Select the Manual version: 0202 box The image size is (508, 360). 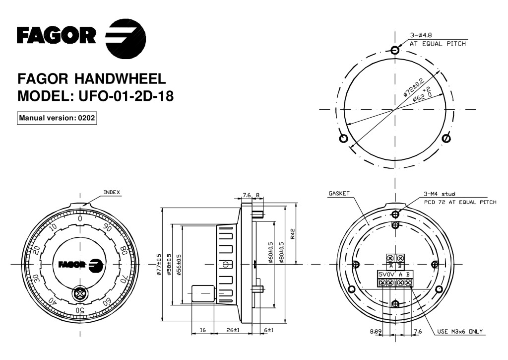(x=57, y=119)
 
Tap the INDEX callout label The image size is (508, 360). (x=111, y=192)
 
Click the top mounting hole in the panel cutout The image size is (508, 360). (x=395, y=50)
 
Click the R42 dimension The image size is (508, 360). (x=293, y=233)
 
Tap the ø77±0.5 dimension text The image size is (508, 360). (x=159, y=264)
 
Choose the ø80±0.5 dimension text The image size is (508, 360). (x=282, y=253)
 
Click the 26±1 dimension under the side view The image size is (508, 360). (x=233, y=330)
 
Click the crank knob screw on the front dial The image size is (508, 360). (x=78, y=293)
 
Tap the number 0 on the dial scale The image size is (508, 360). (x=80, y=218)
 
